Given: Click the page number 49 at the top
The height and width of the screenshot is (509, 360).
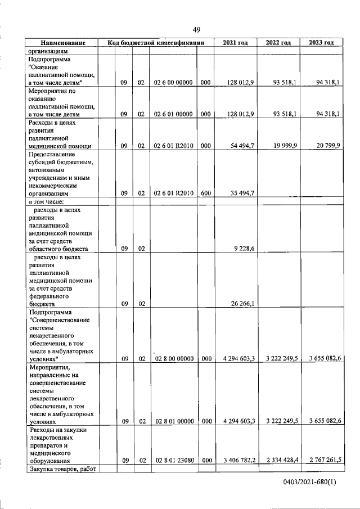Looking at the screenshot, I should point(196,30).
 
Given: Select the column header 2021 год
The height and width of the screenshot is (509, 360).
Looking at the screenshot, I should point(235,43).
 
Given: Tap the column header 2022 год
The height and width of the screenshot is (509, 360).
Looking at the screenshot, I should point(278,43).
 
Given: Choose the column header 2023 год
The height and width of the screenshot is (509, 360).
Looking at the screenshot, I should point(321,43).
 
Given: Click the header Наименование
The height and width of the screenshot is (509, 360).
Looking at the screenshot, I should point(62,43).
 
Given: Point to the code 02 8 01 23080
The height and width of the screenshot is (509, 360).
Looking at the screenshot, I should point(174,460).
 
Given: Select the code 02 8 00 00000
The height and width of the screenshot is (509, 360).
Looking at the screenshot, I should point(174,358).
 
